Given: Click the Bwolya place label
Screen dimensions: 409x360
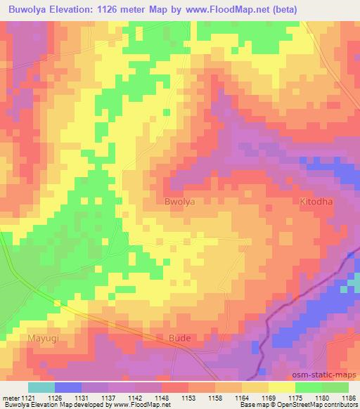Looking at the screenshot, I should click(179, 201).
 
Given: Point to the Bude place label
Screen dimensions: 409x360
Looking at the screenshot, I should click(181, 338).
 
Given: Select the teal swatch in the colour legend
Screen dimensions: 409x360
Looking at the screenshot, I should click(41, 387).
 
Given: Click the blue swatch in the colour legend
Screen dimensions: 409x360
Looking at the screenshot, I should click(68, 387).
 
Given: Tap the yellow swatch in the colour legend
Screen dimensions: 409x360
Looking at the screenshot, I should click(282, 387).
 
